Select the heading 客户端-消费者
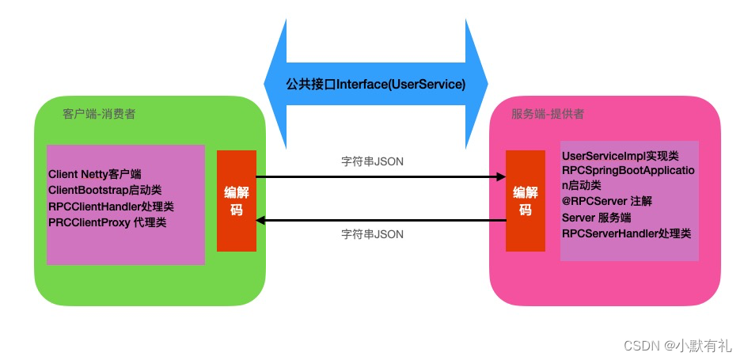click(x=98, y=113)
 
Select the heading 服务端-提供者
click(x=548, y=113)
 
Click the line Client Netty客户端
click(x=95, y=174)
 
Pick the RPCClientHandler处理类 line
click(x=111, y=207)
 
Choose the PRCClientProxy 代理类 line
click(x=107, y=222)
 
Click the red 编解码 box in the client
click(x=237, y=201)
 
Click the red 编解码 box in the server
click(x=526, y=201)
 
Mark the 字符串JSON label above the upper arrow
click(x=372, y=161)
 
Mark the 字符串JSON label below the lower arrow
click(x=372, y=234)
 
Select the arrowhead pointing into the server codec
click(x=500, y=177)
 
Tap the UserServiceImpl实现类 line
click(x=620, y=156)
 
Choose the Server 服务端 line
click(x=602, y=218)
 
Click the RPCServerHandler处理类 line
click(x=626, y=233)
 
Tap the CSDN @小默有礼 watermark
click(x=678, y=345)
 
